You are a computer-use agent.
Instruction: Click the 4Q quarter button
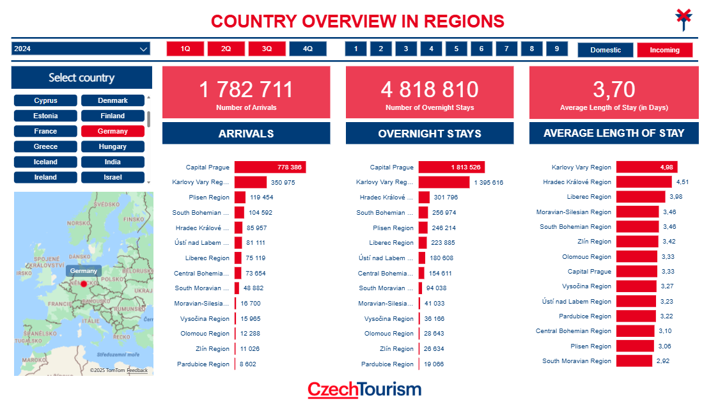(x=308, y=49)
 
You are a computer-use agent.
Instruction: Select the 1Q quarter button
(x=185, y=49)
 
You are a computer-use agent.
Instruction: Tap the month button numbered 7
(x=506, y=49)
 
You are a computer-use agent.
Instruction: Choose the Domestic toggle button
(x=605, y=50)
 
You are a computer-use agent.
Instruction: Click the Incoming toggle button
(x=664, y=50)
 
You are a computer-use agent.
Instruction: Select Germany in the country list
(x=113, y=131)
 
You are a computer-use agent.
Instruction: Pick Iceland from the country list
(x=45, y=162)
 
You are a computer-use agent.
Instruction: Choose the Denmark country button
(x=113, y=100)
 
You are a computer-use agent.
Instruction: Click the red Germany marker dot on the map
(x=83, y=283)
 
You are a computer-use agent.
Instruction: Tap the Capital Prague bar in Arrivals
(x=270, y=167)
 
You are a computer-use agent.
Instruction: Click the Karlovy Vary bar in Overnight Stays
(x=444, y=182)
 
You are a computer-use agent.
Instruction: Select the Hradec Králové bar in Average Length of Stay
(x=644, y=182)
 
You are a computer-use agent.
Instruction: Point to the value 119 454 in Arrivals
(x=262, y=198)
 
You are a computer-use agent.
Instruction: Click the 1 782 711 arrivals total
(x=246, y=89)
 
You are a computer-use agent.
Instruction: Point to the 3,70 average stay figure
(x=614, y=89)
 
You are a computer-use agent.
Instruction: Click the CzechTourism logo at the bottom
(x=364, y=389)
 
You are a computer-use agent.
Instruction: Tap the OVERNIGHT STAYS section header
(x=430, y=134)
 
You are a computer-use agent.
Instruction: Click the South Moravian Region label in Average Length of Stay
(x=577, y=361)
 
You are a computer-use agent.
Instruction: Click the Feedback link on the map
(x=137, y=371)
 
